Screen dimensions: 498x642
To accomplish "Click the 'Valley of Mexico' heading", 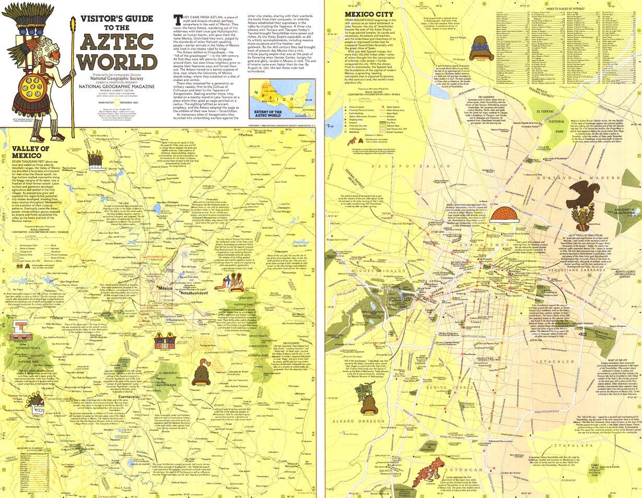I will point(30,151).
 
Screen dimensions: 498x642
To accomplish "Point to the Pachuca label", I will point(243,134).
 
